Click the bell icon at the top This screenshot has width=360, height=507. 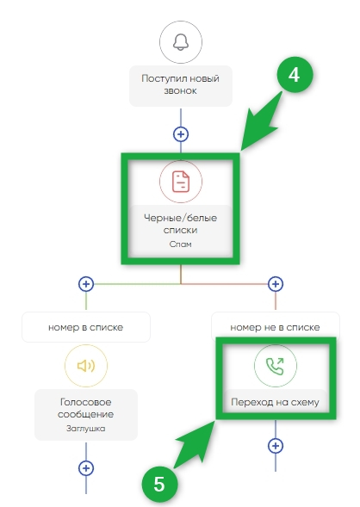(181, 42)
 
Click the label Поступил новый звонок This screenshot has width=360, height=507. (181, 84)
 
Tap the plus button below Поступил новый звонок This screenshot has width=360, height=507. (181, 134)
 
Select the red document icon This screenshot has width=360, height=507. (181, 182)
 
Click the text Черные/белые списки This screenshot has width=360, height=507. (181, 224)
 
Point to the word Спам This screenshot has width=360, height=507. (181, 244)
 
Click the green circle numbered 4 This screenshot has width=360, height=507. (295, 75)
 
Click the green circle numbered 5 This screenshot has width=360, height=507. (159, 485)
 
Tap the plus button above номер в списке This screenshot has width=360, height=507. (86, 284)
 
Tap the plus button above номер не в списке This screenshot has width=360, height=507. (276, 284)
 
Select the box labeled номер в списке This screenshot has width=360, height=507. (86, 327)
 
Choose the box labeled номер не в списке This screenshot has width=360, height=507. (276, 326)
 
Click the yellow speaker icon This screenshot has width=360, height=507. (86, 366)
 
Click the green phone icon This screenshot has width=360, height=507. (276, 366)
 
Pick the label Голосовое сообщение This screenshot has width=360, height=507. (86, 408)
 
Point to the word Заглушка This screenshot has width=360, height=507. (86, 429)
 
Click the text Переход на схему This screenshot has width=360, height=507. (276, 402)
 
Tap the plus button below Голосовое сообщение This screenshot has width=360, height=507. (86, 468)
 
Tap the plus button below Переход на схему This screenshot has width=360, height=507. (276, 446)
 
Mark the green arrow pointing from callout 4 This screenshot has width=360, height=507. (262, 121)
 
